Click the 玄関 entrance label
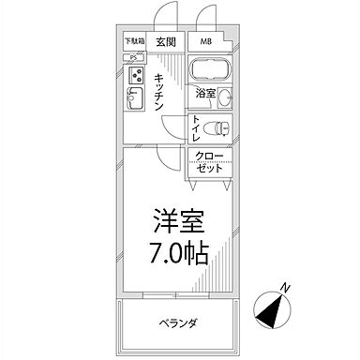(x=167, y=41)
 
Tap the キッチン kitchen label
(x=160, y=91)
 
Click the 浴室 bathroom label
(x=205, y=94)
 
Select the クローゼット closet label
(x=210, y=163)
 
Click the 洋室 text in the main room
(x=175, y=222)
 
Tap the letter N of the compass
(x=287, y=289)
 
